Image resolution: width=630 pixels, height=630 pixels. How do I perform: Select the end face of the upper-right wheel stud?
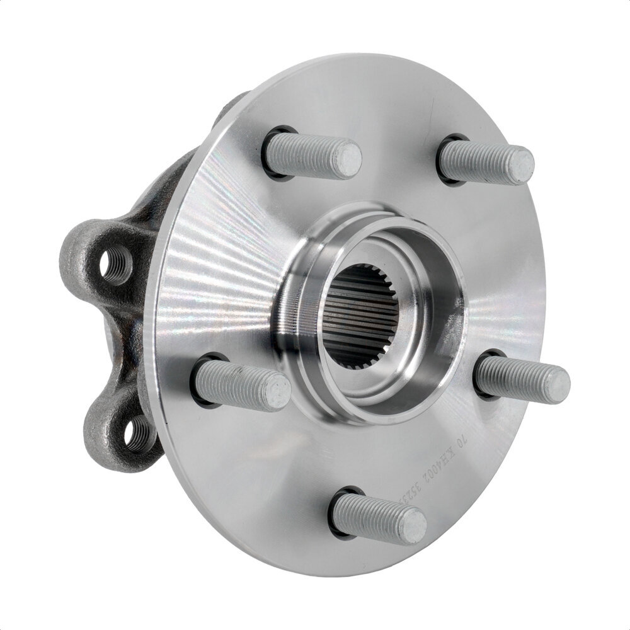tap(522, 164)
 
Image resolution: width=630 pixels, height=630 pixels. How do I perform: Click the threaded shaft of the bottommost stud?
tap(369, 513)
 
